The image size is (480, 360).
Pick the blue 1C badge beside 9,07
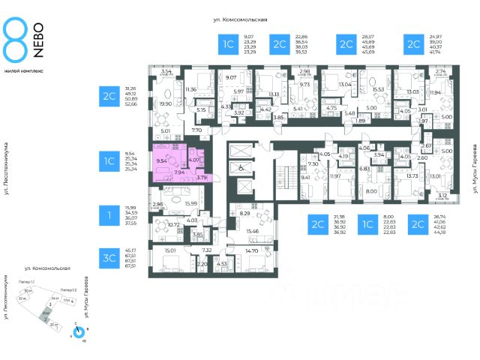click(227, 44)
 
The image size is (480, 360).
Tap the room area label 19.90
click(166, 104)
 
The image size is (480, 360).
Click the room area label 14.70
click(251, 250)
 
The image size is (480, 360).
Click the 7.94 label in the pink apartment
click(180, 172)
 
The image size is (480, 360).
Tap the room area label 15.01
click(169, 250)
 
